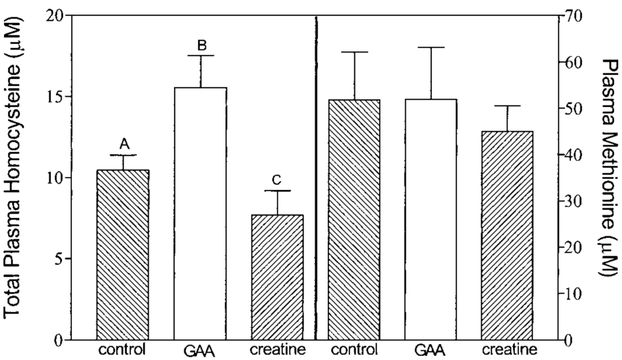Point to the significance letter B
pyautogui.click(x=201, y=46)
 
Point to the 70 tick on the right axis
pyautogui.click(x=572, y=16)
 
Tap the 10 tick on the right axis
pyautogui.click(x=572, y=294)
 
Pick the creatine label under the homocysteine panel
pyautogui.click(x=277, y=348)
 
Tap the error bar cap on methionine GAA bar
pyautogui.click(x=431, y=47)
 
